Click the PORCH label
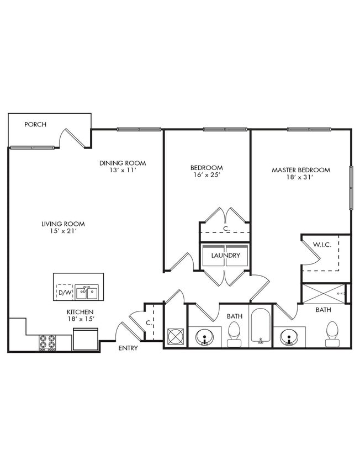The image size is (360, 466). tap(35, 124)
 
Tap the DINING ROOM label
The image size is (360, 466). tap(123, 163)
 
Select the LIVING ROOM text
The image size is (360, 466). tap(63, 224)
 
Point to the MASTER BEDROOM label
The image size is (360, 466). tap(301, 170)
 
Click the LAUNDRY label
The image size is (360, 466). tap(225, 256)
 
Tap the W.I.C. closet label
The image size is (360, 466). tap(321, 245)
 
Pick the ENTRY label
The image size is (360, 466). tap(128, 348)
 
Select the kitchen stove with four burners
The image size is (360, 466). tap(47, 343)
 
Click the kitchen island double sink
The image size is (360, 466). tap(86, 292)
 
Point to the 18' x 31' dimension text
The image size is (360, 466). tap(301, 177)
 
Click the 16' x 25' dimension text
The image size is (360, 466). tap(207, 175)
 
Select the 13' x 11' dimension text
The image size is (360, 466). tap(123, 170)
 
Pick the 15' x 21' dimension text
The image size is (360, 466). tap(63, 231)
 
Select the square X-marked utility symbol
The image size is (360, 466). tap(175, 335)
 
